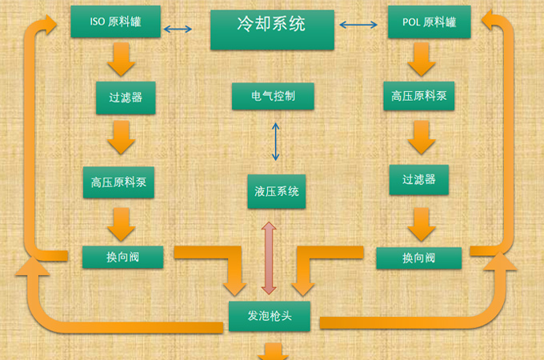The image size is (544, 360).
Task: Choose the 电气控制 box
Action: coord(269,96)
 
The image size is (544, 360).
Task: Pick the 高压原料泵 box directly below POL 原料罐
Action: coord(418,98)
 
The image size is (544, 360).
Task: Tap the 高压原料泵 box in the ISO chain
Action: coord(118,182)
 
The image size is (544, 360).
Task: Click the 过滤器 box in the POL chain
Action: coord(418,181)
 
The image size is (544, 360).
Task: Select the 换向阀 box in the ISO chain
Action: coord(122,258)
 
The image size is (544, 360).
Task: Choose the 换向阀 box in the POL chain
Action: coord(418,258)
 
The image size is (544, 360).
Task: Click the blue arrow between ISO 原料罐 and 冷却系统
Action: coord(178,30)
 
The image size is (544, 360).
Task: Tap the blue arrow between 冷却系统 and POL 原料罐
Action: coord(358,26)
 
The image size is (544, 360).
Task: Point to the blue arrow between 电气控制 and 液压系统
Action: coord(276,142)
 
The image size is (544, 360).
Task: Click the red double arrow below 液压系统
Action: coord(269,258)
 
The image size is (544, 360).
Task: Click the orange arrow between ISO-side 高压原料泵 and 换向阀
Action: coord(121,222)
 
